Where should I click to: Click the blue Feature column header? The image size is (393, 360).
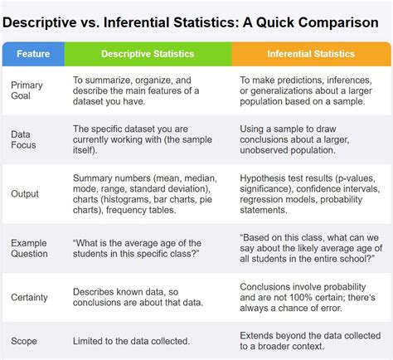pos(33,54)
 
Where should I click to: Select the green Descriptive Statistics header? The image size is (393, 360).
pos(148,54)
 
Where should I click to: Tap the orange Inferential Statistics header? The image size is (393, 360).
pos(311,54)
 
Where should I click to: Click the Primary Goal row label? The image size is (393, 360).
pos(27,91)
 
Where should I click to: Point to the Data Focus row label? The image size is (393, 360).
pos(25,139)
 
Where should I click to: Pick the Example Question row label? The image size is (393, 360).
pos(31,248)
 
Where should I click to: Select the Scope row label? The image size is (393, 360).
pos(24,340)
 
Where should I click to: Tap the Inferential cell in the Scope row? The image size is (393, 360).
pos(312,340)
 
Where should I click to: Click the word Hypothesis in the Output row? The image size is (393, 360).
pos(264,178)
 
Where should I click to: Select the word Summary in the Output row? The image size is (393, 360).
pos(93,178)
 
